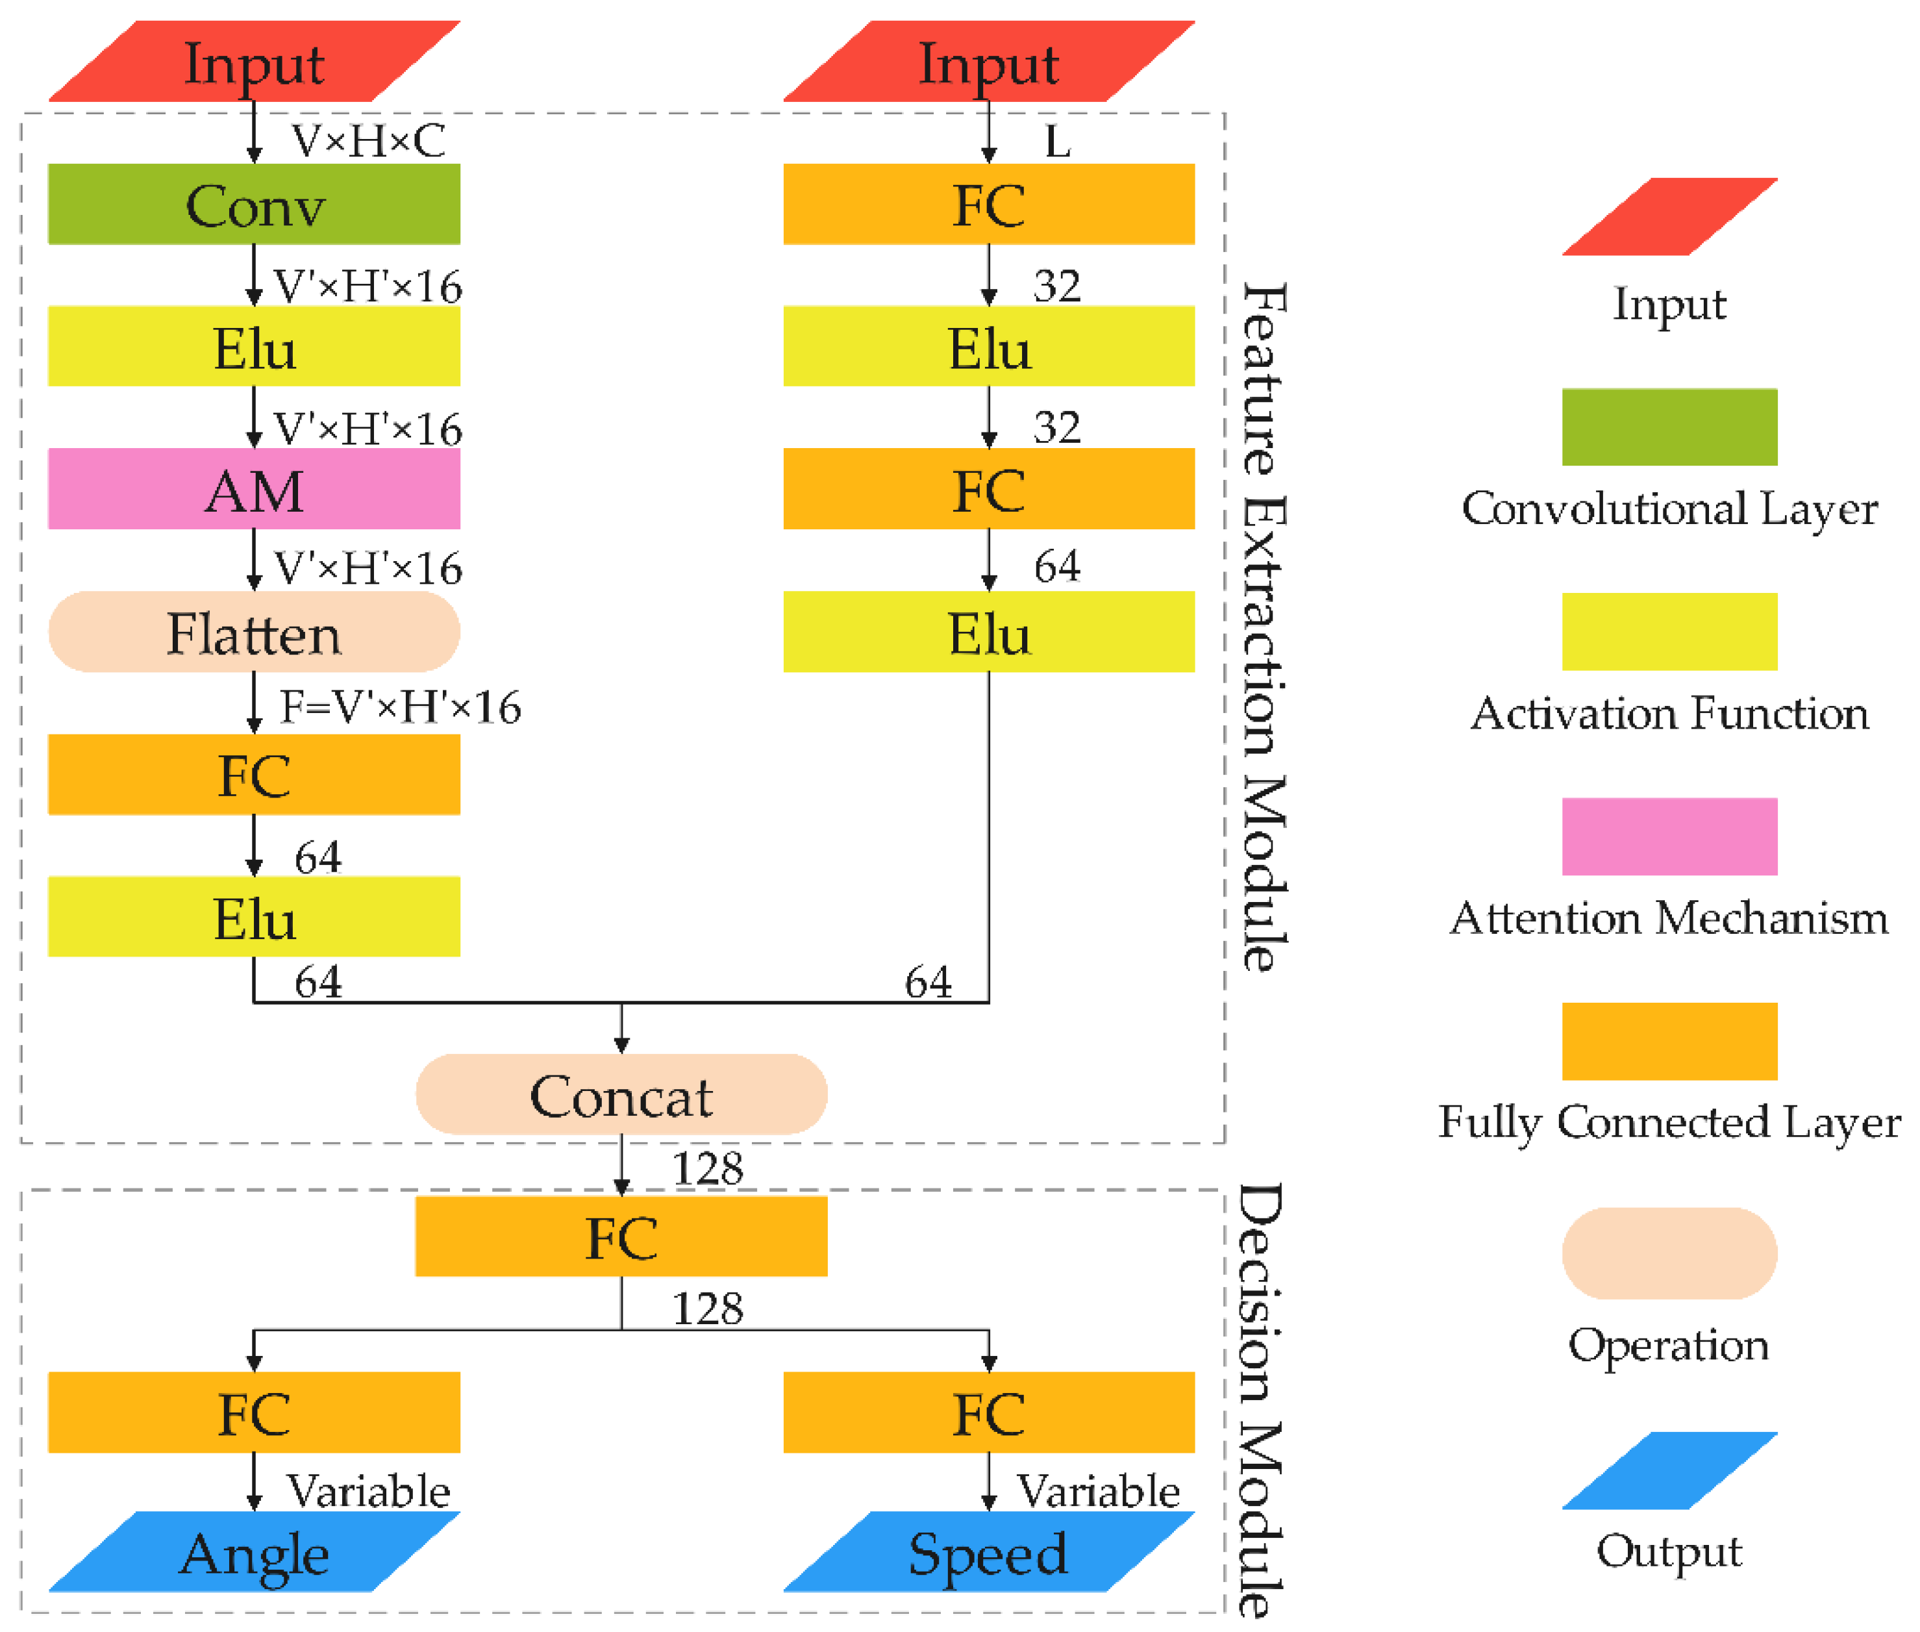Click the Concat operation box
click(621, 1094)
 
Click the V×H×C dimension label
click(368, 141)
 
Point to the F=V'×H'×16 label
click(399, 707)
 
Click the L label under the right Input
click(1057, 142)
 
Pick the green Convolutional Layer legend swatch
click(1669, 427)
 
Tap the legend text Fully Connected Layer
click(1669, 1122)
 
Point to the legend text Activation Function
click(1669, 713)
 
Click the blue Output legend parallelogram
click(1669, 1471)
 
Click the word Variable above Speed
click(1098, 1491)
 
